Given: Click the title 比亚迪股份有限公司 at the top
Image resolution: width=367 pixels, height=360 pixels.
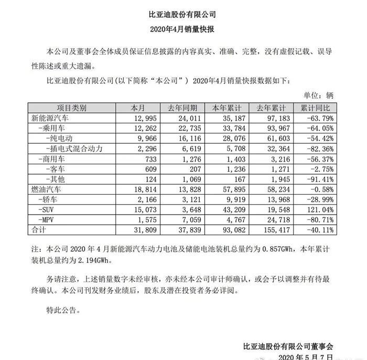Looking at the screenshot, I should point(183,14).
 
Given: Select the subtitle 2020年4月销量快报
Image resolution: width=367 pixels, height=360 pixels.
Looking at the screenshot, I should point(183,29).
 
